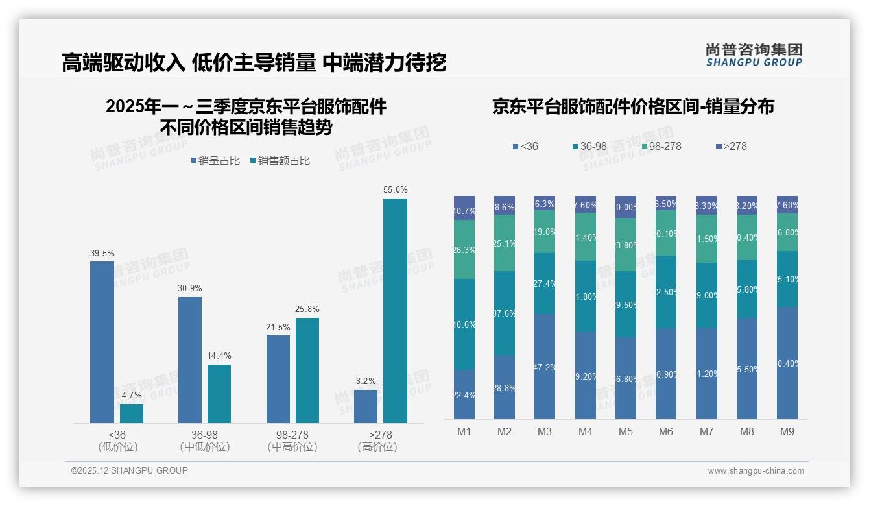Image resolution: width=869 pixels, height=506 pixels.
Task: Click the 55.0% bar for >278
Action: pos(395,311)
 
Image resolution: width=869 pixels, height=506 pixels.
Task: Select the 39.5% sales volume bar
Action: pos(102,342)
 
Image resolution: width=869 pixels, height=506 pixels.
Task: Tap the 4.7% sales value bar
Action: pos(132,413)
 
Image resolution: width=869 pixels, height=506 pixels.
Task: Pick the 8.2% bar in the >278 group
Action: pos(366,406)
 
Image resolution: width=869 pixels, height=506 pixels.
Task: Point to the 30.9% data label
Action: pos(190,288)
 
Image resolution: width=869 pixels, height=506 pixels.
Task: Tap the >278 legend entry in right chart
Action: pos(731,147)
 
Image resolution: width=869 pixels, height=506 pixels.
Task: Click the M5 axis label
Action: pos(625,431)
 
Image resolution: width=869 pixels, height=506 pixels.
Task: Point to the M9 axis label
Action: pos(787,431)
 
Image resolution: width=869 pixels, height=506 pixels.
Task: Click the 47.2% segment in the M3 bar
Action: pos(545,367)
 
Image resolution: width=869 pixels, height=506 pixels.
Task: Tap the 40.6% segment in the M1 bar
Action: pos(464,324)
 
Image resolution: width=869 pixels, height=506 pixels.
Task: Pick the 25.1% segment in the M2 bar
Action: pos(505,243)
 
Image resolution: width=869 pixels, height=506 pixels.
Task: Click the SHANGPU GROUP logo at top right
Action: pos(754,55)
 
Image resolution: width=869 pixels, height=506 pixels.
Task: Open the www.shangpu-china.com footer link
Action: pos(756,471)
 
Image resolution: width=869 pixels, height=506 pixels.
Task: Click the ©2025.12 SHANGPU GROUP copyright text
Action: pos(130,470)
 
